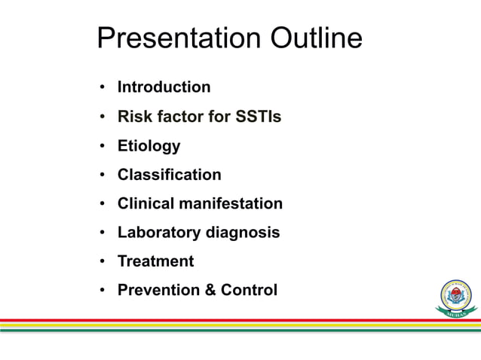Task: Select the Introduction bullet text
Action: click(x=164, y=87)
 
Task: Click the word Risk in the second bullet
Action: click(x=133, y=117)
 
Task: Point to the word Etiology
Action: click(x=149, y=146)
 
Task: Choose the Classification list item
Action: click(x=169, y=175)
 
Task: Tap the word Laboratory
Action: click(x=159, y=233)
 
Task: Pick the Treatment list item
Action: click(x=155, y=261)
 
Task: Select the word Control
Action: click(x=249, y=290)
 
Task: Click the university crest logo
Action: click(x=455, y=297)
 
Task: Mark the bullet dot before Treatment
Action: click(x=102, y=262)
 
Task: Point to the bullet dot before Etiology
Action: click(x=102, y=146)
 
